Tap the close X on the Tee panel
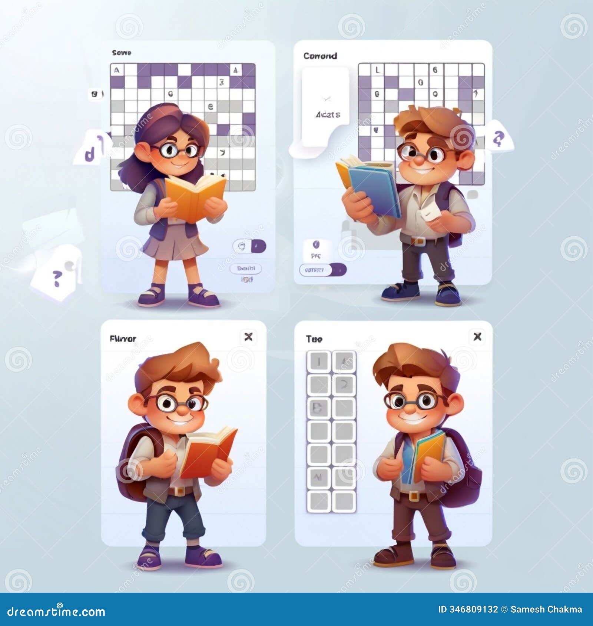click(x=477, y=336)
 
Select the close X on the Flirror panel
click(x=248, y=337)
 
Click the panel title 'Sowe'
click(x=122, y=53)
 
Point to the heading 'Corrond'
click(x=320, y=56)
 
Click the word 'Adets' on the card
click(x=328, y=115)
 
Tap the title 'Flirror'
click(x=123, y=339)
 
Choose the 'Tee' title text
click(x=314, y=339)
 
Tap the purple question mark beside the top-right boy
click(x=498, y=138)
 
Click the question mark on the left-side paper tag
click(x=56, y=278)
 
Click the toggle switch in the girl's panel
click(x=249, y=246)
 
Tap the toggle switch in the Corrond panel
click(x=322, y=270)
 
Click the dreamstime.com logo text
click(x=56, y=612)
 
